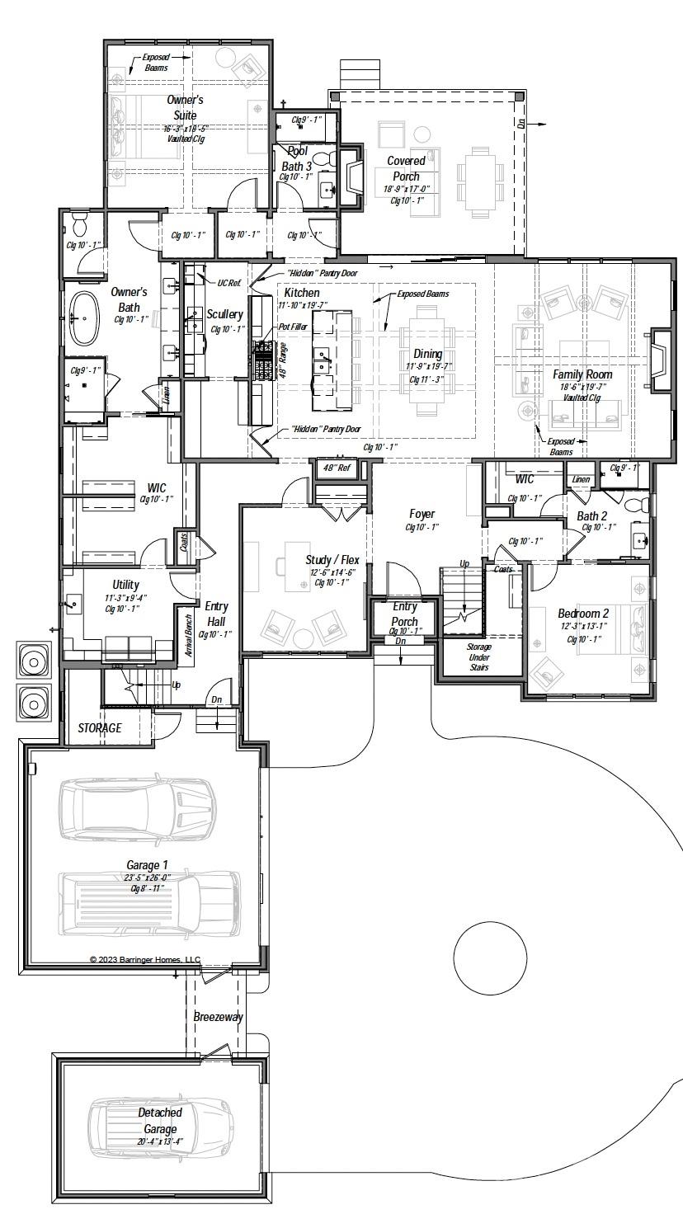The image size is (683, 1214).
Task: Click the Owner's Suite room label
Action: pos(185,107)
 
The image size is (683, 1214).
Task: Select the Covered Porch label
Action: pos(406,168)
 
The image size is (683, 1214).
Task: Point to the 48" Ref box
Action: pos(337,468)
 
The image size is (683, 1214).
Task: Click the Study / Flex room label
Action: pos(332,560)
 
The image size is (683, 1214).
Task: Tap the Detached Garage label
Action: pos(160,1121)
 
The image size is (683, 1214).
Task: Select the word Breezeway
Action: pos(218,1017)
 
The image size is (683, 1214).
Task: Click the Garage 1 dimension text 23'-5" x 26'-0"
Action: pos(148,878)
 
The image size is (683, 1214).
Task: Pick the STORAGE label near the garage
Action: pos(100,728)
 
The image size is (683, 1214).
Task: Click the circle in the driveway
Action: pos(490,958)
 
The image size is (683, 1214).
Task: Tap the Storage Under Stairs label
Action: pos(478,656)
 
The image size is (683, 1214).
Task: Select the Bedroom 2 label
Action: pos(583,614)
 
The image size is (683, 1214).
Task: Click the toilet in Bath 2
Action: pos(636,505)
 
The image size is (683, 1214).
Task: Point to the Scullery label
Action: pos(224,314)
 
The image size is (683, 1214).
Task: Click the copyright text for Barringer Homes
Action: pos(144,960)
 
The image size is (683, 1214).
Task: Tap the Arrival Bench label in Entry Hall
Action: pos(188,635)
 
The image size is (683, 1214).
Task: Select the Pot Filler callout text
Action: pos(293,327)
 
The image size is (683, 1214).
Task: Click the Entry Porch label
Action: pos(404,614)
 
